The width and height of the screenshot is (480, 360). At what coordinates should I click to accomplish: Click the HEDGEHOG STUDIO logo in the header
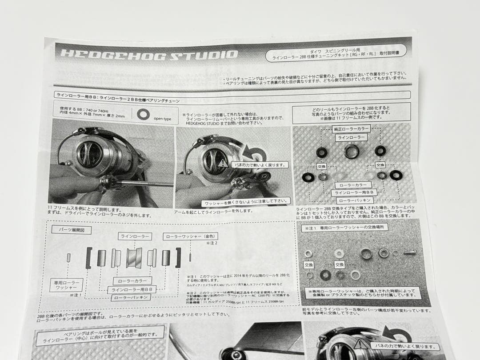click(149, 54)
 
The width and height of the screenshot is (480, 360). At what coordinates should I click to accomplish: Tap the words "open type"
click(163, 119)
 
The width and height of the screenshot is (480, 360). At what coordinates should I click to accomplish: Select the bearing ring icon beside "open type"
click(143, 114)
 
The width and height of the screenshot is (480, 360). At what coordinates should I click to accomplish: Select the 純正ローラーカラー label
click(352, 129)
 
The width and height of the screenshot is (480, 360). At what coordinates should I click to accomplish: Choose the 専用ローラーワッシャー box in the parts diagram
click(67, 284)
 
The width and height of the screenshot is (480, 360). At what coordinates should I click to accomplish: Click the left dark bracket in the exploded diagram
click(89, 258)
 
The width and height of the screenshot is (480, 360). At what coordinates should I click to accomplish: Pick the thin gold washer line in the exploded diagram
click(190, 257)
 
